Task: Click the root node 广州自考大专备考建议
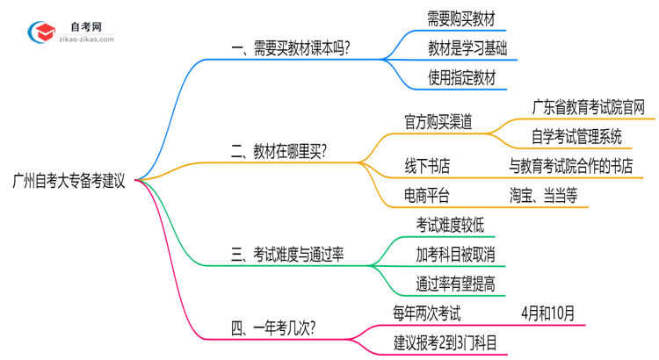tap(69, 182)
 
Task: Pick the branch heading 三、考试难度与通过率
tap(287, 255)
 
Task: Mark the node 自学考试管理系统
tap(576, 136)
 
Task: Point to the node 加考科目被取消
tap(455, 255)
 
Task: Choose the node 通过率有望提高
tap(455, 284)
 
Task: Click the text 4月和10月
tap(547, 313)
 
